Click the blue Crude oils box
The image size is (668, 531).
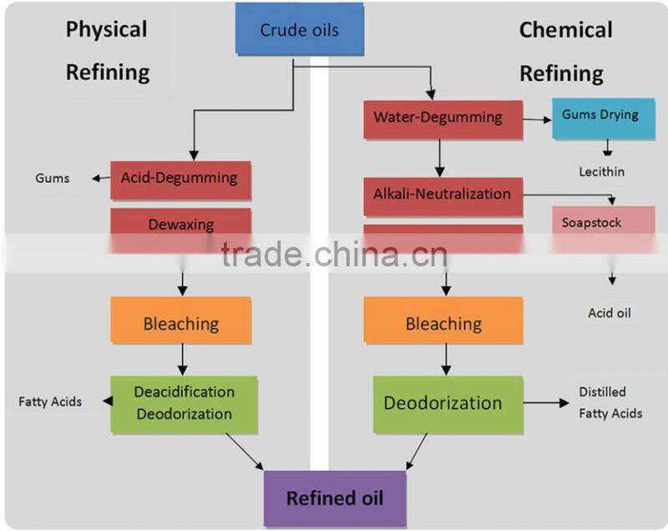pos(300,31)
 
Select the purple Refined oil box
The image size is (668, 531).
pos(335,499)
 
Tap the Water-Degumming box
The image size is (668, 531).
pos(443,119)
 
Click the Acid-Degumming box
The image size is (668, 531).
pos(180,179)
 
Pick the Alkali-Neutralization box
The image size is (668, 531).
pos(443,195)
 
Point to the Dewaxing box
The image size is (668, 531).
pos(180,224)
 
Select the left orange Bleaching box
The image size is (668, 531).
pos(180,322)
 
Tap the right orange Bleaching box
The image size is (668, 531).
pos(443,322)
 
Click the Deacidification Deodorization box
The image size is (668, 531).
pos(184,403)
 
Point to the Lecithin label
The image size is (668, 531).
pos(601,172)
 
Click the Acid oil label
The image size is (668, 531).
pos(610,313)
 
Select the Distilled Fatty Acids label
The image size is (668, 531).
pos(610,402)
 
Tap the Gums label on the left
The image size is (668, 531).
pos(53,179)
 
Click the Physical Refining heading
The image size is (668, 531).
pos(107,50)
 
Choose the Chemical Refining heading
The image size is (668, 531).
pos(565,51)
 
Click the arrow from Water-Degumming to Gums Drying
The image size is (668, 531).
pos(537,120)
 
